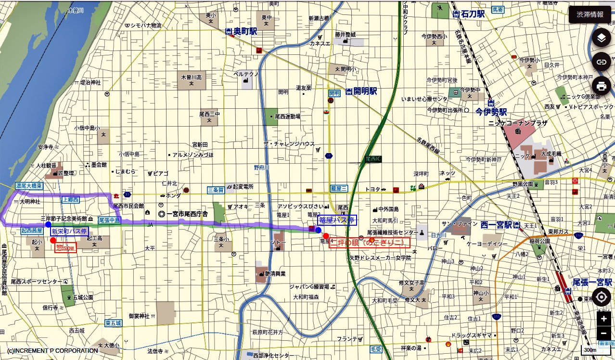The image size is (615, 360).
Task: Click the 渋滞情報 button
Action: (x=589, y=14)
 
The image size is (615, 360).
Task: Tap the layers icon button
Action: (x=601, y=38)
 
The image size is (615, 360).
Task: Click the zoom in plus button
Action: (x=603, y=319)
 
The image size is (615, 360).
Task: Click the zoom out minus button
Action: (x=603, y=333)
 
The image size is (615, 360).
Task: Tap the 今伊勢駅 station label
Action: (x=491, y=112)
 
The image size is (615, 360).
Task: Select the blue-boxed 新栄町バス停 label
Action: (x=69, y=231)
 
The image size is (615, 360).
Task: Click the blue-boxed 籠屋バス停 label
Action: (x=337, y=220)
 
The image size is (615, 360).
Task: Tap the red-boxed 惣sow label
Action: (x=66, y=247)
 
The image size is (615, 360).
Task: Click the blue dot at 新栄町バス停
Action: (x=48, y=225)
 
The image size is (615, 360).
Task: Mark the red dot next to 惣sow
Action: (x=53, y=240)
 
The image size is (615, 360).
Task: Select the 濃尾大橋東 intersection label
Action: (x=29, y=186)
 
